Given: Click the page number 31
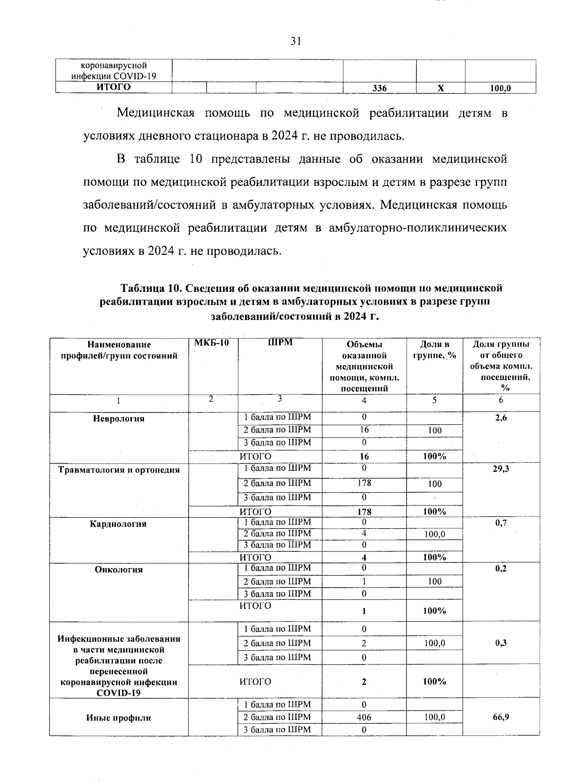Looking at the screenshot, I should tap(296, 41).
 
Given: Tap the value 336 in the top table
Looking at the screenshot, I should tap(379, 88).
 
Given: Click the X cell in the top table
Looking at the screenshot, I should tap(441, 88).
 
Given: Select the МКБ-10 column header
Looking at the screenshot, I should tap(212, 343).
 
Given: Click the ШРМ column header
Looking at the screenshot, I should tap(280, 343).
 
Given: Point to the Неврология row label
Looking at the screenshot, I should tap(119, 419).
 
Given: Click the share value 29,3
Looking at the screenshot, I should tap(501, 469).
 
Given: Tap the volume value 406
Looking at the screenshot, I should tap(364, 718).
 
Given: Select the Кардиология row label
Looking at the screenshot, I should tap(119, 524).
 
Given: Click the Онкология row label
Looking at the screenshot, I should tap(119, 569).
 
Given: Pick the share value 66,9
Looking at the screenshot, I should tap(501, 717).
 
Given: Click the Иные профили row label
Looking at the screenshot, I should tap(119, 718).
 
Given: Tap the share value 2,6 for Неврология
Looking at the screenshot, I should tap(501, 418).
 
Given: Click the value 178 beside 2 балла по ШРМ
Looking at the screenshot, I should tap(364, 483).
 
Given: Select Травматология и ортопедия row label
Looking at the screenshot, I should tap(119, 470).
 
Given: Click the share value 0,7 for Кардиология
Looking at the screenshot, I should tap(501, 523).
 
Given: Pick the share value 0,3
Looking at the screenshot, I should tap(501, 643).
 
